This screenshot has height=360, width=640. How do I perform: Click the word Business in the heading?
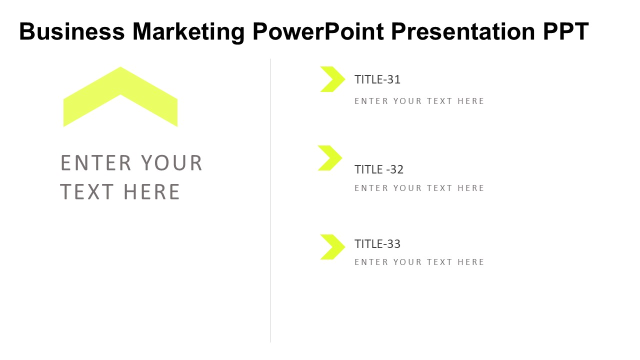[71, 32]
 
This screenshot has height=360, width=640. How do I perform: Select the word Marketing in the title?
[188, 32]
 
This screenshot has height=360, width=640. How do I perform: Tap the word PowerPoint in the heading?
[318, 32]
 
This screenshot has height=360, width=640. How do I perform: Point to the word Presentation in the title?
[463, 32]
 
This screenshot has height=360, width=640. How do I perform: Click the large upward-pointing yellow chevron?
[120, 85]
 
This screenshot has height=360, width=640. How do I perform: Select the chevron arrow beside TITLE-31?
[331, 79]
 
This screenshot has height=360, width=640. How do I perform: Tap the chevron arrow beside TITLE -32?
[329, 158]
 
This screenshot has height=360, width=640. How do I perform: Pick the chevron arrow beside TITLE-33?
[331, 247]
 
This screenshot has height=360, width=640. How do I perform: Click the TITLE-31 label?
[377, 79]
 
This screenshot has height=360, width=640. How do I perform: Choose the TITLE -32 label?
[379, 169]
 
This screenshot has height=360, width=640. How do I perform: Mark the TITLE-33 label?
[377, 244]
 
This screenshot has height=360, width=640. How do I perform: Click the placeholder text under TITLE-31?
[419, 101]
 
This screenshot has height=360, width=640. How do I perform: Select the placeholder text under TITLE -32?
[419, 188]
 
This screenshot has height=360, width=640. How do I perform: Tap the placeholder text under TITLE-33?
[419, 262]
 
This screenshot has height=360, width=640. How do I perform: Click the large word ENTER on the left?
[96, 163]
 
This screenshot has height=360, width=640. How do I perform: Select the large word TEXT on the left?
[87, 192]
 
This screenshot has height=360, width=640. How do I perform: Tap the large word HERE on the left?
[151, 192]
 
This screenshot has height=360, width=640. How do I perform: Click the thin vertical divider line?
[271, 200]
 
